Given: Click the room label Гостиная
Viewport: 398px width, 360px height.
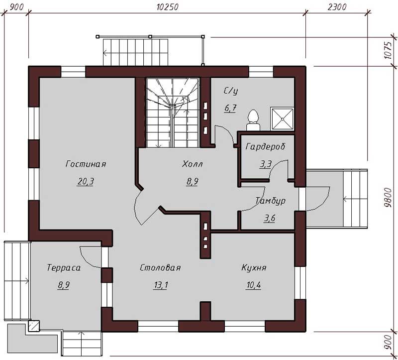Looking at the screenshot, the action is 86,164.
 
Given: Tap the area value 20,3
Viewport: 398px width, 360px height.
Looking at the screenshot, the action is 86,181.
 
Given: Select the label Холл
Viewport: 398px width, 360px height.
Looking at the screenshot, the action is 193,164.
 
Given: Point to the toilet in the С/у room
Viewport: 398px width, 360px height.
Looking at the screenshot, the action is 253,120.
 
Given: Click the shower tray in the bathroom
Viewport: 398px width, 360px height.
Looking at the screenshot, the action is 282,119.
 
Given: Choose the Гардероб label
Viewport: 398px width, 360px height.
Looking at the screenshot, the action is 266,146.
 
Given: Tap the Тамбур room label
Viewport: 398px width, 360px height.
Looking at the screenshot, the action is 271,201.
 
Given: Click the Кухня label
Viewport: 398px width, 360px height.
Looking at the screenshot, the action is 254,267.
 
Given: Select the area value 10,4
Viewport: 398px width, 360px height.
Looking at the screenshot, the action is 254,285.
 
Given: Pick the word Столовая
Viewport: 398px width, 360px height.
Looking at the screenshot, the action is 160,267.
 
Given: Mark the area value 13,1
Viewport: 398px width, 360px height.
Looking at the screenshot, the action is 160,285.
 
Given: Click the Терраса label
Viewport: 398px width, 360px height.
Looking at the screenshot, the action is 64,267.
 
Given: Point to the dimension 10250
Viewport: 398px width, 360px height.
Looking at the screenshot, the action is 167,6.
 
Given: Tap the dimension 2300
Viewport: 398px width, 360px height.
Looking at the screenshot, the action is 337,6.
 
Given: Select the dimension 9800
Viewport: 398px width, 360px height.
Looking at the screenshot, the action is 388,198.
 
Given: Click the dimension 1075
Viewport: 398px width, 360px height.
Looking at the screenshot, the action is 388,50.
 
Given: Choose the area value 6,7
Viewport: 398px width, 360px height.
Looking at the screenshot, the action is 230,108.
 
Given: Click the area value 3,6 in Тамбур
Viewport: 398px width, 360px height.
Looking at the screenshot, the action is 270,218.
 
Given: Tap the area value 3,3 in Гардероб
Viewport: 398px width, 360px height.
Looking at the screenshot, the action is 266,164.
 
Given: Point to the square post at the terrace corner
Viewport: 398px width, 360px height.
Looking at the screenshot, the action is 33,326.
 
